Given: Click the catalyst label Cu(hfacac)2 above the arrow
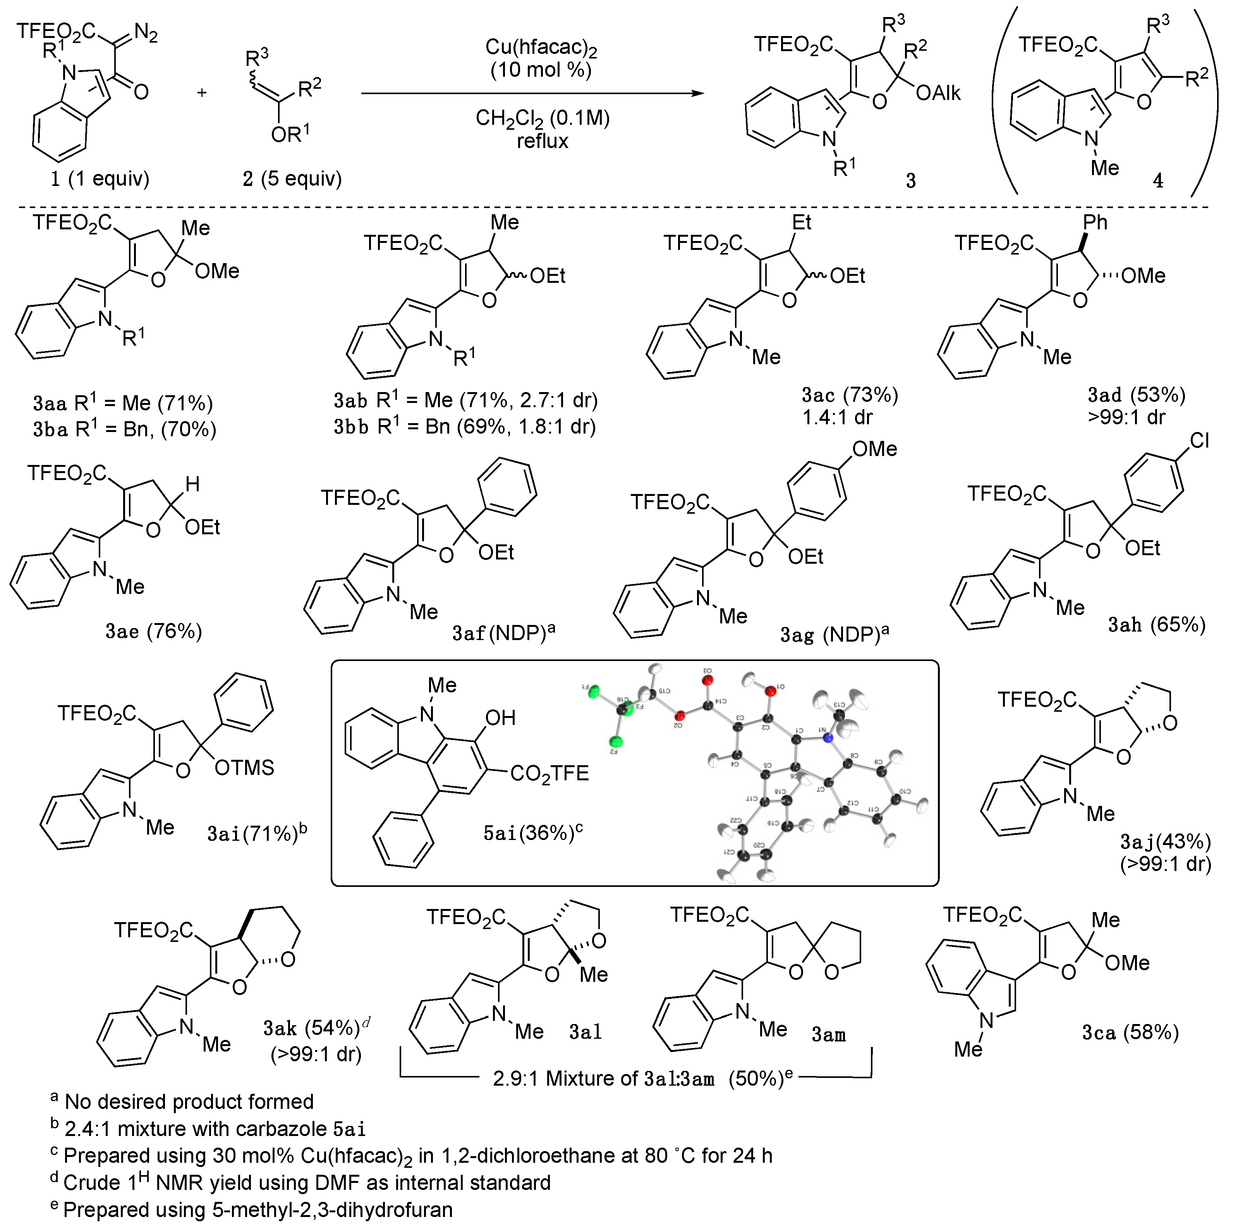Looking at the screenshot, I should [x=541, y=47].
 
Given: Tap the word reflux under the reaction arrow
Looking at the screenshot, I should [x=542, y=141].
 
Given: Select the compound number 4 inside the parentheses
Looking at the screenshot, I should [x=1158, y=181].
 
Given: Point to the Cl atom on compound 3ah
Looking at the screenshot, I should [x=1198, y=441].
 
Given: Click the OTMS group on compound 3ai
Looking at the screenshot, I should [x=244, y=768].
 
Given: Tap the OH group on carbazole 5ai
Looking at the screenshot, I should [x=500, y=718].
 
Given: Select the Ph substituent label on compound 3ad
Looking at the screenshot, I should [x=1094, y=222].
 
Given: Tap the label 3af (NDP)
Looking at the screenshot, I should [x=503, y=633].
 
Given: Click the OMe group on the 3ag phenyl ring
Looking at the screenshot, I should [x=874, y=449].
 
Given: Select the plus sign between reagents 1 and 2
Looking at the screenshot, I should [x=202, y=93].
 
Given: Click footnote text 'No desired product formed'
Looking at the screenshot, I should [x=189, y=1102].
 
